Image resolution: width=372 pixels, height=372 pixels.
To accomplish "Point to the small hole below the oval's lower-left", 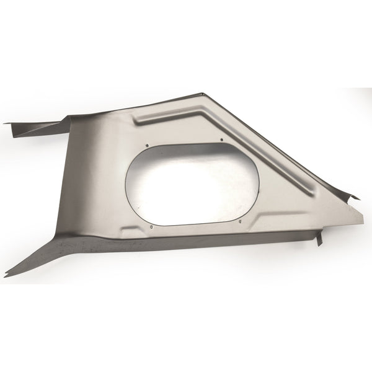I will point(151,227).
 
